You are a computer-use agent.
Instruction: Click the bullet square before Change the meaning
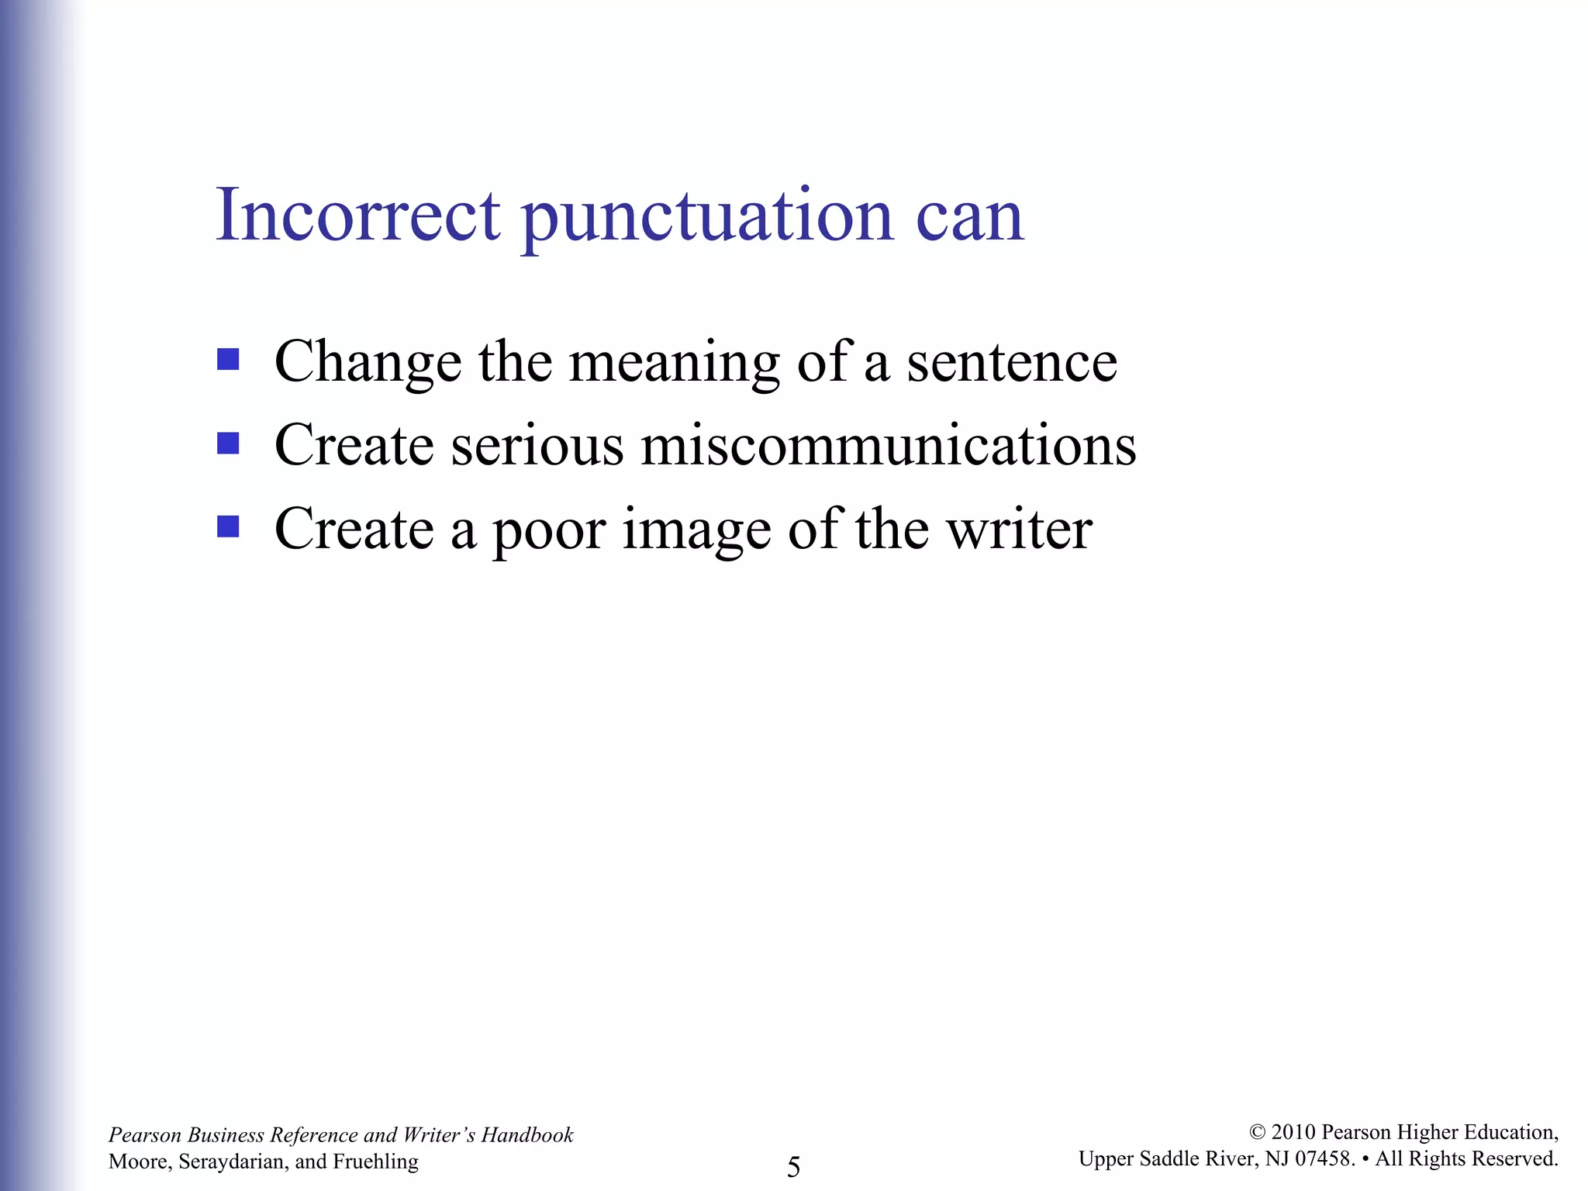click(x=228, y=359)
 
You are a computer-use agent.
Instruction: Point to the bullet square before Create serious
click(x=228, y=443)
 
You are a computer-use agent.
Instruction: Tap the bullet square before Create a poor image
click(x=228, y=526)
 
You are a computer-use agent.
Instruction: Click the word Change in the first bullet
click(x=368, y=362)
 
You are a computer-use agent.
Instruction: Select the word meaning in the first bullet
click(x=674, y=362)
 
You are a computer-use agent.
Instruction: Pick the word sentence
click(x=1012, y=362)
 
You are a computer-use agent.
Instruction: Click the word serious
click(x=537, y=446)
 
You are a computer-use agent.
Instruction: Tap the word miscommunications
click(x=888, y=446)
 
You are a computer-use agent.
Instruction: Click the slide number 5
click(x=793, y=1166)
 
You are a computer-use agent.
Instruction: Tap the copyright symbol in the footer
click(x=1257, y=1133)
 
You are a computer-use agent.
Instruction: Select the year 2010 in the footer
click(x=1293, y=1132)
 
